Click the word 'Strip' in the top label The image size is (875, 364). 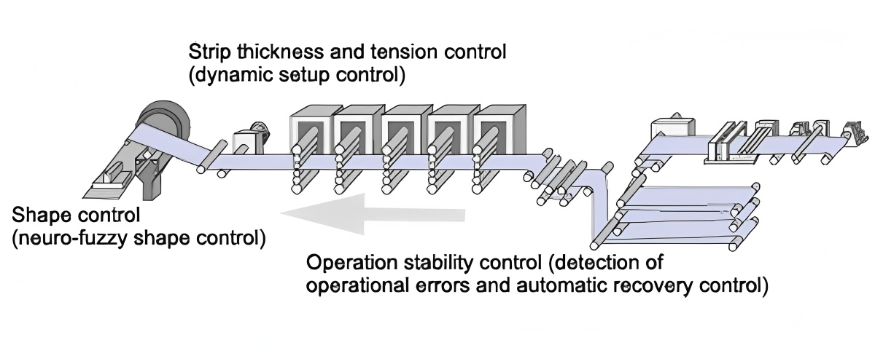click(x=207, y=52)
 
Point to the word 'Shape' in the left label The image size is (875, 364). click(x=36, y=216)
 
